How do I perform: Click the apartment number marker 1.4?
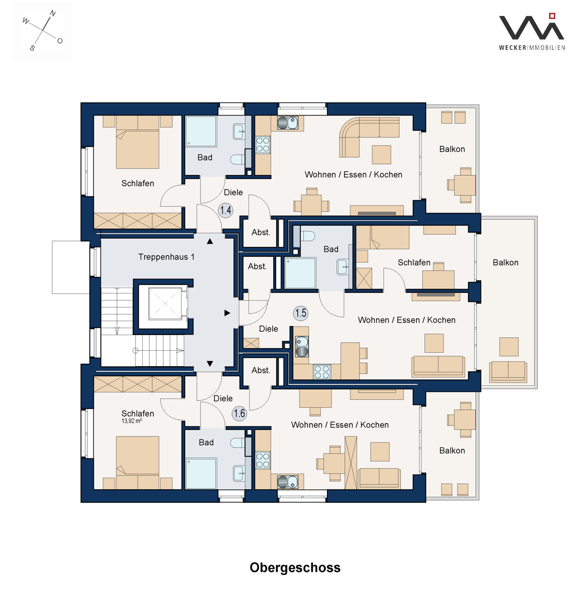(225, 210)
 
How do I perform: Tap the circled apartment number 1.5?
(301, 313)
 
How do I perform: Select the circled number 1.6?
(240, 413)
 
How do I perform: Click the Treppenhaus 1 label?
(166, 257)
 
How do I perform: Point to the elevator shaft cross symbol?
(165, 304)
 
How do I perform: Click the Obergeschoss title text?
(295, 568)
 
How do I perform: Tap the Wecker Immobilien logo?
(532, 32)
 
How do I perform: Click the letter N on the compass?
(53, 14)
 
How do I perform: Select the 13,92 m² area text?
(132, 421)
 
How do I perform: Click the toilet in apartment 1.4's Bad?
(238, 160)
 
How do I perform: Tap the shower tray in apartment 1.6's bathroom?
(201, 474)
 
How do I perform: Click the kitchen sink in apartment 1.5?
(301, 347)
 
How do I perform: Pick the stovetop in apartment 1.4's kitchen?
(263, 145)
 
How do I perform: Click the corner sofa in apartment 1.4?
(369, 136)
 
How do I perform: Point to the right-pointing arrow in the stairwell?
(227, 313)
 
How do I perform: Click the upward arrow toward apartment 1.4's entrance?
(210, 241)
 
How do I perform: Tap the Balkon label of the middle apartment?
(505, 263)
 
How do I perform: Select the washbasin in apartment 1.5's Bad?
(342, 267)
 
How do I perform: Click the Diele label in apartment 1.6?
(223, 398)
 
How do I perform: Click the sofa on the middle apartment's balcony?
(508, 371)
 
